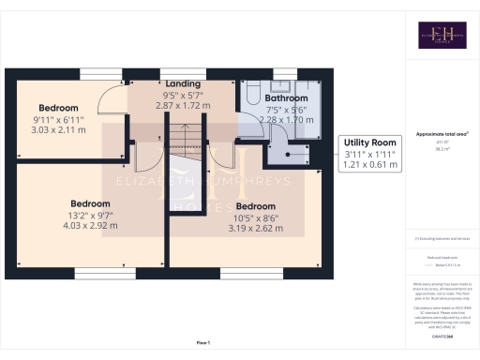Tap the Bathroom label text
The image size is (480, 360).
(x=286, y=97)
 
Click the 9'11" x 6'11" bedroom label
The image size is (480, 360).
(x=59, y=118)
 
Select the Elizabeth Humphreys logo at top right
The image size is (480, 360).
(x=441, y=36)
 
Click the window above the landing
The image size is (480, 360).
(x=173, y=71)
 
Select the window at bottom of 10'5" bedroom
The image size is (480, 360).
(x=240, y=274)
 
